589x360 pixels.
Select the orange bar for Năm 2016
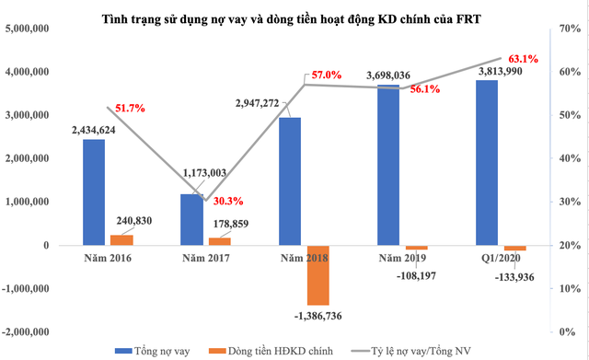[x=121, y=239]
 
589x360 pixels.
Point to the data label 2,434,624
[x=93, y=130]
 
